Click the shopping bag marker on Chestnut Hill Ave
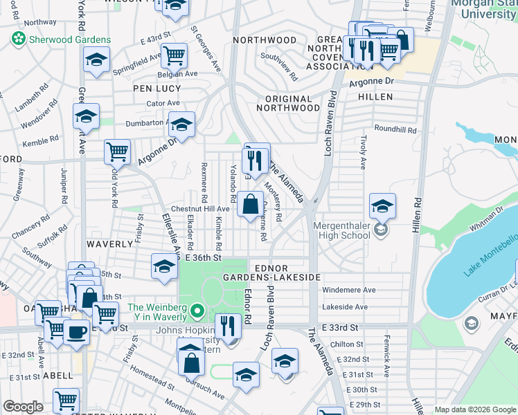point(249,205)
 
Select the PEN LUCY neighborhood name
point(157,89)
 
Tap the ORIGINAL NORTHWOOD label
point(288,103)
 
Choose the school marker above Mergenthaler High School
point(382,205)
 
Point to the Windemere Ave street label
point(349,290)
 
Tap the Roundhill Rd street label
point(395,129)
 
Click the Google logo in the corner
point(23,407)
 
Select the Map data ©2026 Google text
point(474,409)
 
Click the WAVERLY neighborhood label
point(109,244)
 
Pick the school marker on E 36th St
point(163,266)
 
